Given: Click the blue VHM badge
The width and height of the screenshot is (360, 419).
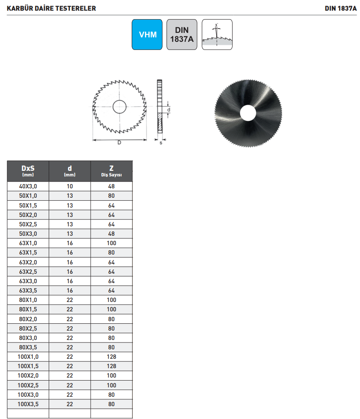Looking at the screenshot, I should point(147,35).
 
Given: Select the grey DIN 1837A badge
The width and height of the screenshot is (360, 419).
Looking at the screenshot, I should point(182,35).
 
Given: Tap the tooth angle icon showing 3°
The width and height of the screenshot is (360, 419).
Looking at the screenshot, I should point(217,35).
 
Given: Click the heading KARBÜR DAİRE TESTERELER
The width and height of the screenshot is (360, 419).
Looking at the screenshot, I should point(51,8).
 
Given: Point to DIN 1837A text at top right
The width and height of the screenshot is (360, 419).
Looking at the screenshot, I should point(340,8).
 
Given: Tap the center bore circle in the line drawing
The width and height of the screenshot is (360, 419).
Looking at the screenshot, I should point(119,107).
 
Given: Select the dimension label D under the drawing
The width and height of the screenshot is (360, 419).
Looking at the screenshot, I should point(119,143).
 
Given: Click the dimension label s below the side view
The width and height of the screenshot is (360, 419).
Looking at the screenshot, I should point(161,143).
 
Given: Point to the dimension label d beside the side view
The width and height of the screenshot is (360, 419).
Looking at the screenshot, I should point(169,110).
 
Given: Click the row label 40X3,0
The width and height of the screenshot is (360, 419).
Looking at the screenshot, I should point(28,186).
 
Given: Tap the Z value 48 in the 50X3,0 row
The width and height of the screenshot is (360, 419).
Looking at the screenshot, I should point(112,234).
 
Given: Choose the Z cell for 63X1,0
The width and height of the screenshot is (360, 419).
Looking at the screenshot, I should point(112,243).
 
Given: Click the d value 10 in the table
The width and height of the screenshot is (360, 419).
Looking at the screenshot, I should point(70,186).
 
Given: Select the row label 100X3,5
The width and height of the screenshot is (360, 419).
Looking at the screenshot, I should point(28,404).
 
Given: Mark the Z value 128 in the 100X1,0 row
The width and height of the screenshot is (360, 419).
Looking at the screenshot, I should point(112,357).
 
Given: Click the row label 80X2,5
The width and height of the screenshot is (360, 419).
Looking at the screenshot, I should point(28,328).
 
